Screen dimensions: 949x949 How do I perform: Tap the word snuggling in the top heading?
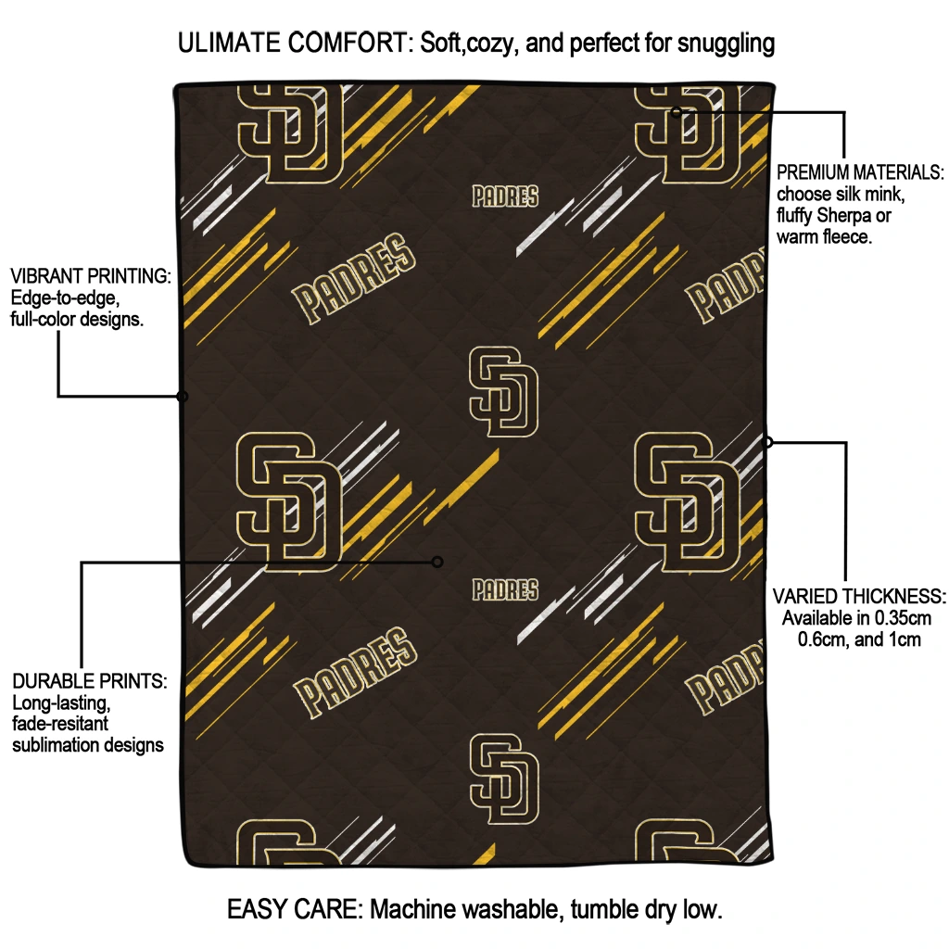726,44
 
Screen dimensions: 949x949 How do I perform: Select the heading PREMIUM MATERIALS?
860,172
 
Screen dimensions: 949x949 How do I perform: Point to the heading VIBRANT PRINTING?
91,276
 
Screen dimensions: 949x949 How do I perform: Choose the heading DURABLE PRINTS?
90,681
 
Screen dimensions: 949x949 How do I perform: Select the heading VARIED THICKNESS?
859,596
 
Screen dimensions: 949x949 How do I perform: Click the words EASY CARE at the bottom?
294,909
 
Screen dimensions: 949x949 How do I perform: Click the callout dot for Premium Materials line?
677,112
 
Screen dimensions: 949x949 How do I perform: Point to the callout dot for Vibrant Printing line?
182,397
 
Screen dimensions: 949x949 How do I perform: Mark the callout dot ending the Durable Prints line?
437,563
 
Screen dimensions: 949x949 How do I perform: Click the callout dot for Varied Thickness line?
767,442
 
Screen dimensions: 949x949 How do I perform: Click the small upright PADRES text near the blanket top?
505,196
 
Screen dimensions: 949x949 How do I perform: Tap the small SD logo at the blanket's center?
503,392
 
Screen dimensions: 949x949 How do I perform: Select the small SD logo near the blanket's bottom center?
504,778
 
